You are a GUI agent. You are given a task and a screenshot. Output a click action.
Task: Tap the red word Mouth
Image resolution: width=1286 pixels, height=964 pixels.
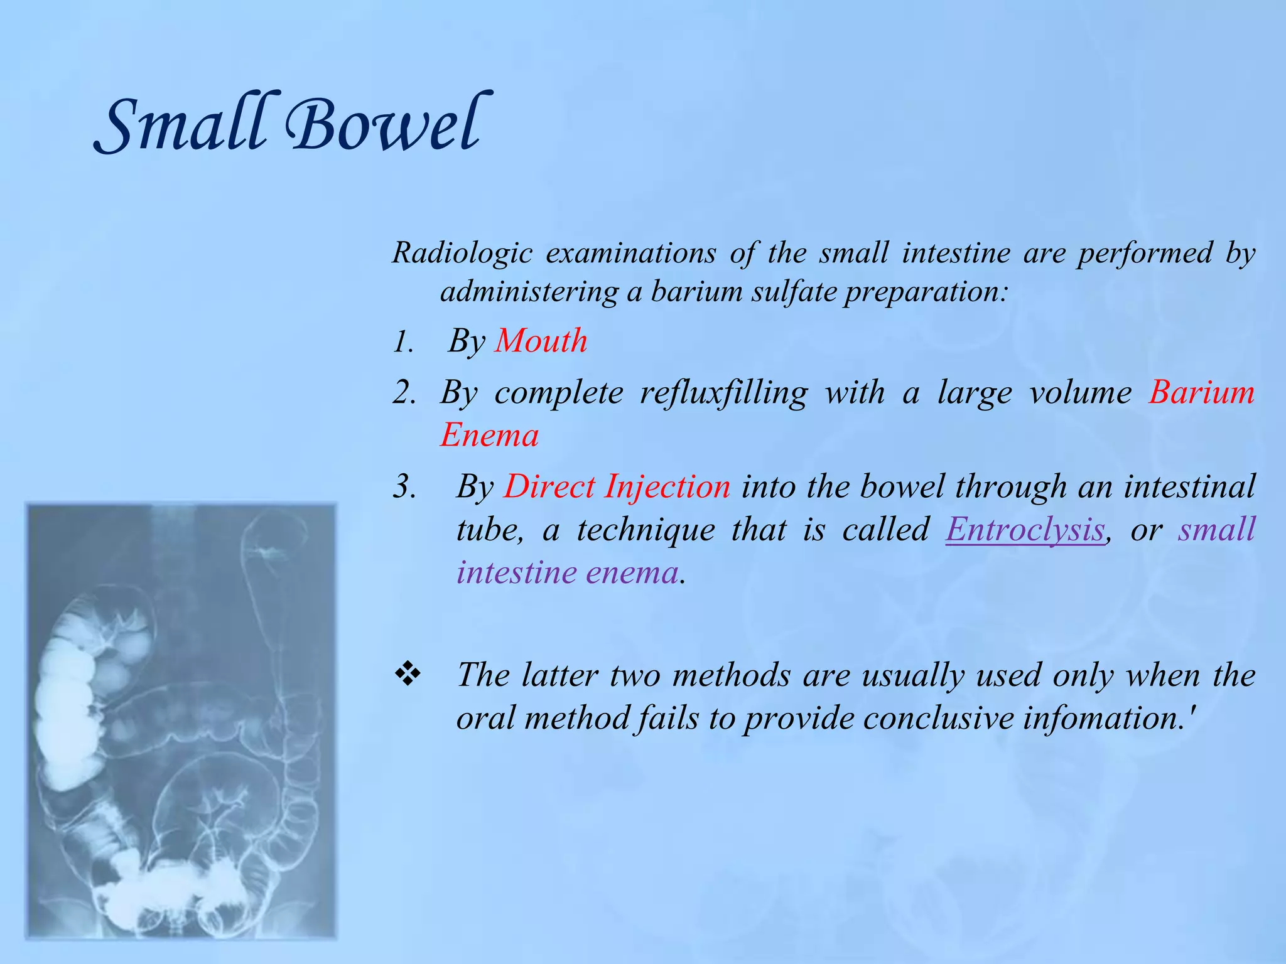(x=541, y=341)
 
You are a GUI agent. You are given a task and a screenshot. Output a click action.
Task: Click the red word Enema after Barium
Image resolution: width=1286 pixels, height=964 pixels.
(x=489, y=436)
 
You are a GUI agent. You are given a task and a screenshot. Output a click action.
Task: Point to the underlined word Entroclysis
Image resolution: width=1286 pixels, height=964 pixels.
(x=1025, y=530)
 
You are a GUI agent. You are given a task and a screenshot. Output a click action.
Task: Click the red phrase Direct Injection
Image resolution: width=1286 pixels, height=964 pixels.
(x=617, y=487)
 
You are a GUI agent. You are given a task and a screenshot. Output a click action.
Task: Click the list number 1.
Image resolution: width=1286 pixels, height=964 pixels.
(x=403, y=343)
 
